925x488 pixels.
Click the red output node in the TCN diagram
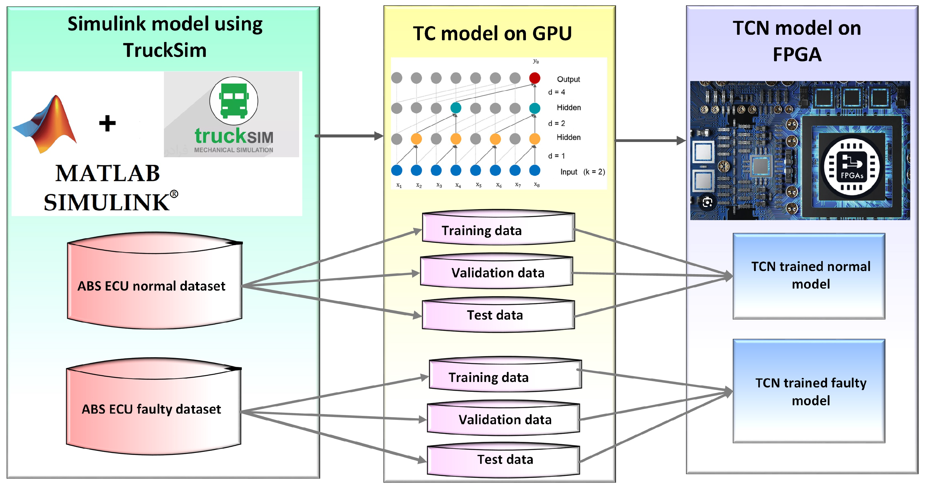[x=534, y=78]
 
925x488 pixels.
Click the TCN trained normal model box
[x=809, y=276]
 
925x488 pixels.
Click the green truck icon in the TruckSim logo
[x=234, y=101]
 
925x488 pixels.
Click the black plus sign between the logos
[x=107, y=124]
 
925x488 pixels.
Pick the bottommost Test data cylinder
[x=503, y=460]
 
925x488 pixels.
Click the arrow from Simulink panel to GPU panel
[x=348, y=136]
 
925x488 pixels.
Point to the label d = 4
[x=556, y=92]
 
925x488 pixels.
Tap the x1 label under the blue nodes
[x=399, y=185]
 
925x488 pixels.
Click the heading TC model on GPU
[x=492, y=33]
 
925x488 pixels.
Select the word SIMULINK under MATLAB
[x=107, y=202]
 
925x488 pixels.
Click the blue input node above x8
[x=534, y=170]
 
